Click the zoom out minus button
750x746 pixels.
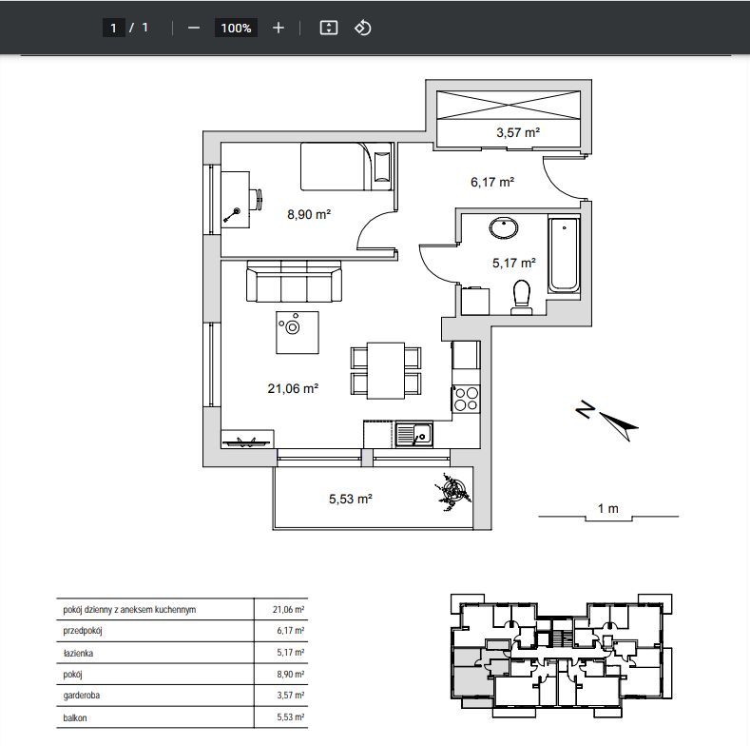194,29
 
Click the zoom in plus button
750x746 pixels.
279,29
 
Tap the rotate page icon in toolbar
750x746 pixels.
362,28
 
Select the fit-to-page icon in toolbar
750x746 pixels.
329,28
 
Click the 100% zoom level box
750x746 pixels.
237,29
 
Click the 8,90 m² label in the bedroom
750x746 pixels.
309,214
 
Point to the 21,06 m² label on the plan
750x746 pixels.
293,388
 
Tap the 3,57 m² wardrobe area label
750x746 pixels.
518,132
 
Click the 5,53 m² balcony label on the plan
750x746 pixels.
351,499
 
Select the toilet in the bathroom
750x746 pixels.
522,297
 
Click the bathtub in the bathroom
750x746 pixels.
565,254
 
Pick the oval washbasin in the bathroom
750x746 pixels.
504,228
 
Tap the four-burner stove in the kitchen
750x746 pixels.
467,399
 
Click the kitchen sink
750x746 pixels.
414,435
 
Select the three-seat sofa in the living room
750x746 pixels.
294,282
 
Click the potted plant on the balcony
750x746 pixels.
452,491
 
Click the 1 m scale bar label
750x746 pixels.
608,508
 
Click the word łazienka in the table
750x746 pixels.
78,653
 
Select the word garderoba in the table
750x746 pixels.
82,696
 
